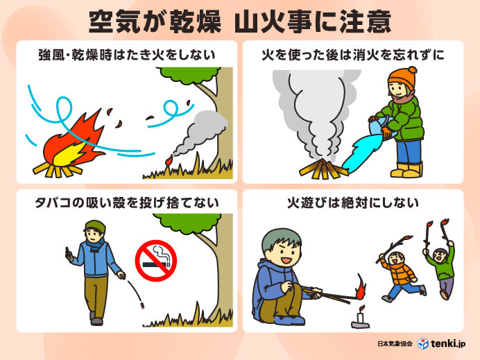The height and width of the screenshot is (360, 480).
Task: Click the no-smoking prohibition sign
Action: click(x=155, y=260)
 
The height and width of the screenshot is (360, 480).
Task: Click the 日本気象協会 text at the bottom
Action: click(x=396, y=343)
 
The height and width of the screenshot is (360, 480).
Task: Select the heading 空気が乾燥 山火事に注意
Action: click(x=239, y=22)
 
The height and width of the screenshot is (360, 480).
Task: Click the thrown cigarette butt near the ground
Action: click(x=142, y=305)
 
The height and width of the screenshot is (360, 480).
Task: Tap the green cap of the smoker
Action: click(x=95, y=226)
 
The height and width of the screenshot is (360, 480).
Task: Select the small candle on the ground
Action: click(x=358, y=318)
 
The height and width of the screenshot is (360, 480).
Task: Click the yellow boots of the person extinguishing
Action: click(x=407, y=169)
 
